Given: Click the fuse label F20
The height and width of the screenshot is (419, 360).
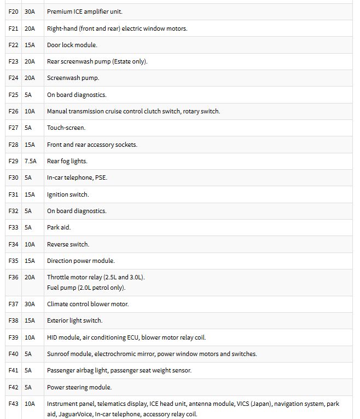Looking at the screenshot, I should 13,12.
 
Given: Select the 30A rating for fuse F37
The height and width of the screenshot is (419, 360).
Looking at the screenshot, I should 30,304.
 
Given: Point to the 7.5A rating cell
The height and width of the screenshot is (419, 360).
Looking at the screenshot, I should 31,161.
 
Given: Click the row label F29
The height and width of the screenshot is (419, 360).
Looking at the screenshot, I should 13,161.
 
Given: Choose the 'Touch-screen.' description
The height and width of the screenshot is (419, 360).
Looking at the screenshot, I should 66,128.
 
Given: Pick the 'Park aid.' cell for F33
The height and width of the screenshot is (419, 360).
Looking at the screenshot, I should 59,227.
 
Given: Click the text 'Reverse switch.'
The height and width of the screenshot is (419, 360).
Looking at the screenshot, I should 68,244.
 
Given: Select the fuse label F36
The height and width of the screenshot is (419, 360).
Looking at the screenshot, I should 13,277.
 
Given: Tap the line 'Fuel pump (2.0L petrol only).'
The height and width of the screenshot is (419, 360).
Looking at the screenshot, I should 86,288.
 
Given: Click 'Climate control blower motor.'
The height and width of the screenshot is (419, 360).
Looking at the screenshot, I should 88,304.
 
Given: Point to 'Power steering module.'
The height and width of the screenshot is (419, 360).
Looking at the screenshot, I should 79,387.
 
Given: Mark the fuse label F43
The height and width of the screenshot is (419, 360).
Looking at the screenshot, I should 13,404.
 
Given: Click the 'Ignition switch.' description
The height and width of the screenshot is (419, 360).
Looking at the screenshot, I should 68,194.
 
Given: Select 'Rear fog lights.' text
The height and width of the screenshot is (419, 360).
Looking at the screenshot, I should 67,161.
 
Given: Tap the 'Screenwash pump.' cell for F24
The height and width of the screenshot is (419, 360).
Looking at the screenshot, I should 73,78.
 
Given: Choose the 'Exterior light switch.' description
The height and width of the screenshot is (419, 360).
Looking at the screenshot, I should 74,320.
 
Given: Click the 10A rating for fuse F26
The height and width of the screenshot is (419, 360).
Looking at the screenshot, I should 30,111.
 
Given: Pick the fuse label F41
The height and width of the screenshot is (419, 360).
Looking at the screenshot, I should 13,370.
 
